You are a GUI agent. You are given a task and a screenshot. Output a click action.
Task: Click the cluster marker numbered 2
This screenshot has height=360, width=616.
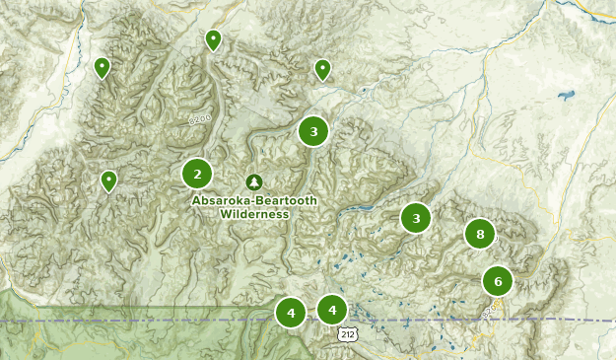[197, 174]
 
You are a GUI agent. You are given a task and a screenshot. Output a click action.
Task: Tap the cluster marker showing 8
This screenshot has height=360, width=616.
[480, 234]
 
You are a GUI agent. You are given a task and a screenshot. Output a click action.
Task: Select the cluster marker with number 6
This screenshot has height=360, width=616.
[498, 281]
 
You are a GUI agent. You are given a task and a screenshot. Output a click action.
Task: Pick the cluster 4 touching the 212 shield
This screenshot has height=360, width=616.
[332, 310]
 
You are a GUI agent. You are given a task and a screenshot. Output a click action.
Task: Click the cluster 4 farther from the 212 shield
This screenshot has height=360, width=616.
[291, 314]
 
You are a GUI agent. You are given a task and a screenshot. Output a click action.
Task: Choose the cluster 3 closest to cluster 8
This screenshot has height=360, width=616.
[416, 218]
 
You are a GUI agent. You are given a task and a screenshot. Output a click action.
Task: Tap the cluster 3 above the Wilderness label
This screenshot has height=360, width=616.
[312, 130]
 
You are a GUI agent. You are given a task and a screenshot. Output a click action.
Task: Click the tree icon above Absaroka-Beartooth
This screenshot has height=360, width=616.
[254, 182]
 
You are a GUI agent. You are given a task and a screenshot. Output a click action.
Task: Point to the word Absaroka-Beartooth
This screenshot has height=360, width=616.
[240, 200]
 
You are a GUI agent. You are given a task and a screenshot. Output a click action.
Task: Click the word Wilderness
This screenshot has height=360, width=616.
[254, 213]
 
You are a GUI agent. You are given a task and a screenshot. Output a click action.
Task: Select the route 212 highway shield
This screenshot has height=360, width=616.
[347, 334]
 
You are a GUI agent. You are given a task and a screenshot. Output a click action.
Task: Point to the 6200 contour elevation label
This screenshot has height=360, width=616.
[200, 119]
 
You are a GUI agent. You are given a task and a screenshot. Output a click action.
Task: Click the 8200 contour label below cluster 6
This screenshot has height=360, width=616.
[491, 310]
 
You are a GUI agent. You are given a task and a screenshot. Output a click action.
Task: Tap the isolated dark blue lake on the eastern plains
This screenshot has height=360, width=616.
[565, 97]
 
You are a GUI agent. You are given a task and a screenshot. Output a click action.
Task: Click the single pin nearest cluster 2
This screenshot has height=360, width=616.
[108, 180]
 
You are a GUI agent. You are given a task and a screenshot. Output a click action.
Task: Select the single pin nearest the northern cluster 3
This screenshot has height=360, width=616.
[322, 68]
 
